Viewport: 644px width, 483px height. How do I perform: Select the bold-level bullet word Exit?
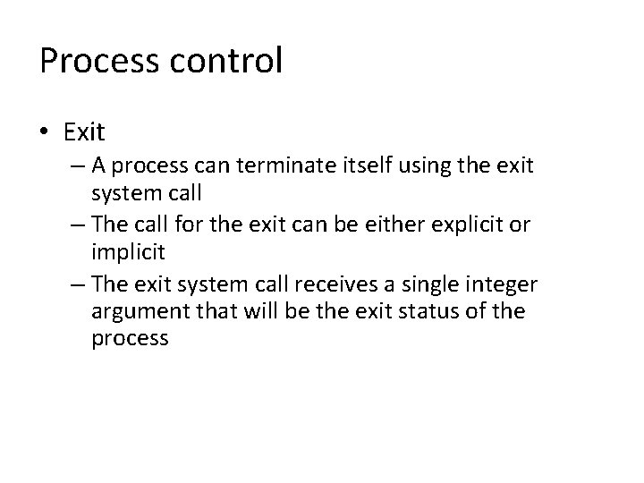(84, 133)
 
